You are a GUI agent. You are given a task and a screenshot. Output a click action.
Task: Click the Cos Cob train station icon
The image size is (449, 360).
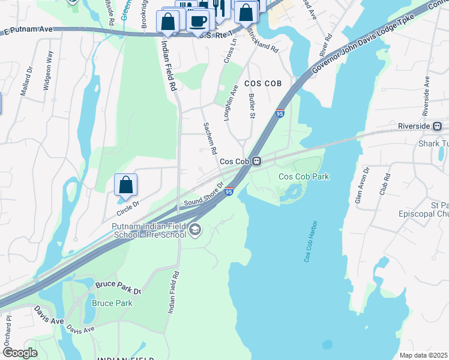(256, 161)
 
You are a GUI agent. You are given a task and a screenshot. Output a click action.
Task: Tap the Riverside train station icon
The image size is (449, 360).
(437, 126)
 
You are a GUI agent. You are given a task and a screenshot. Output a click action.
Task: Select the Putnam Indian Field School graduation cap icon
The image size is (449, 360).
(194, 230)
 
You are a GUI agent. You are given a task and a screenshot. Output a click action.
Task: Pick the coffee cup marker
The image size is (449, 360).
(197, 21)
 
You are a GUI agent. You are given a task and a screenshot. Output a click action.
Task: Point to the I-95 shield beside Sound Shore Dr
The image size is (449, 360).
(229, 191)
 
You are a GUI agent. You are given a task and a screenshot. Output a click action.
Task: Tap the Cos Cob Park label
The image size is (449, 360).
(304, 176)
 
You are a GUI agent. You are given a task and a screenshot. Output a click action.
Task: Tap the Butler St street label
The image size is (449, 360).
(252, 106)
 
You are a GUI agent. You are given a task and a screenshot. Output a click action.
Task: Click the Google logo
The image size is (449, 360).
(20, 353)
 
